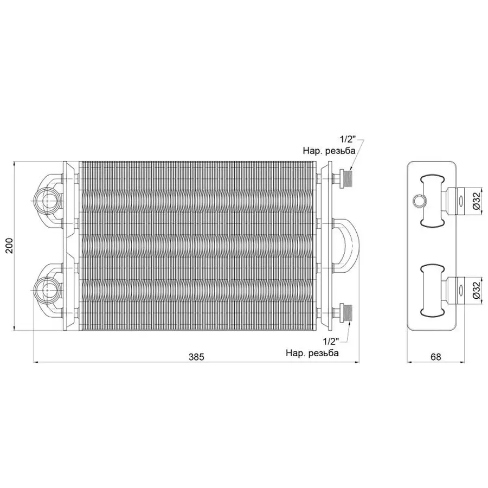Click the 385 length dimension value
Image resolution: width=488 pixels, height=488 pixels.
coord(196,357)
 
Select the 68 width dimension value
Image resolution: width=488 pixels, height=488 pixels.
coord(436,357)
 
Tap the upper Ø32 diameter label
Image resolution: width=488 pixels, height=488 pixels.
coord(475,201)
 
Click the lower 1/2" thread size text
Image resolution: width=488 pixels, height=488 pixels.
coord(330,342)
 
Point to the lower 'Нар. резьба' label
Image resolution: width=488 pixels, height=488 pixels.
coord(312,353)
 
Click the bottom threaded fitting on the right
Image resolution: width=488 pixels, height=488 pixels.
coord(345,313)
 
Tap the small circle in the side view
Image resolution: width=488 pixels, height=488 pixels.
coord(418,202)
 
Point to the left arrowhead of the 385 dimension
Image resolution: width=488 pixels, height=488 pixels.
coord(36,362)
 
